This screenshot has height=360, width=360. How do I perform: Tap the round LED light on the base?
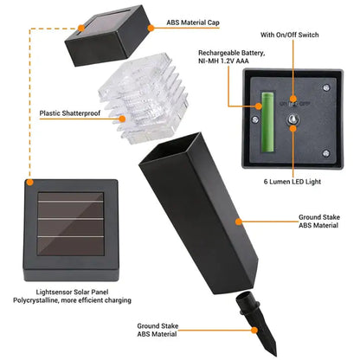pyautogui.click(x=293, y=127)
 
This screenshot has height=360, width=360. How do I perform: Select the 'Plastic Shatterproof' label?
pyautogui.click(x=69, y=112)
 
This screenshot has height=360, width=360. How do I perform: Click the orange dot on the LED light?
pyautogui.click(x=293, y=127)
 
